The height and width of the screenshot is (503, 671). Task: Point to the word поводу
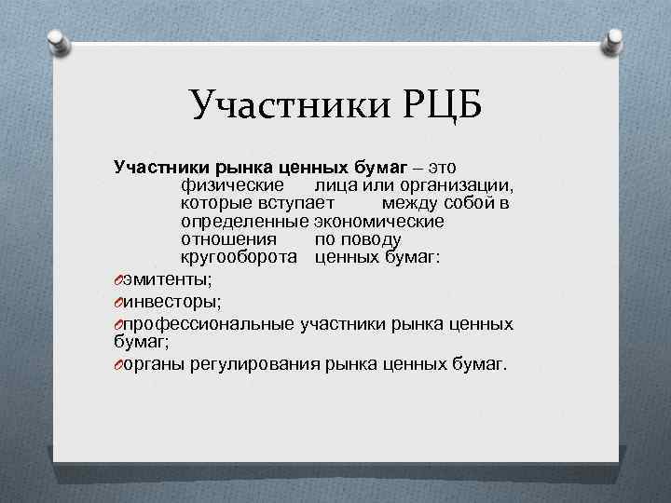[358, 239]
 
